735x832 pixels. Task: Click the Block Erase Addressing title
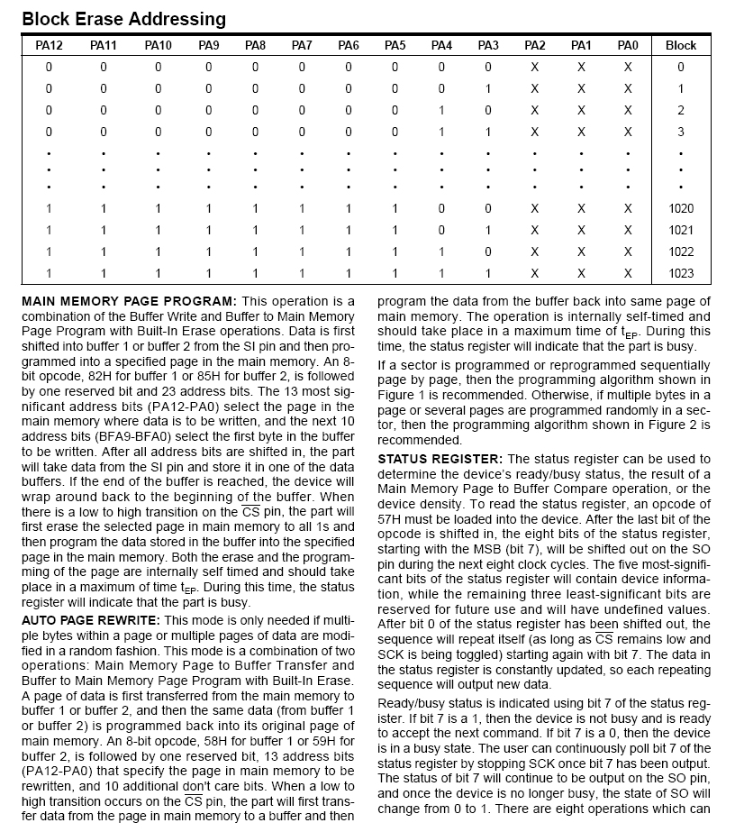(123, 18)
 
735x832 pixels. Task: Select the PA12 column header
(49, 45)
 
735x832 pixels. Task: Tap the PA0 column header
(628, 45)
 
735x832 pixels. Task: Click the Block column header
(681, 45)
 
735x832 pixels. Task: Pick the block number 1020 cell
(681, 208)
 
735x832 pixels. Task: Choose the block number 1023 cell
(681, 273)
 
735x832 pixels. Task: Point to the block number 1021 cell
(681, 230)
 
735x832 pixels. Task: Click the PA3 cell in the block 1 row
(488, 88)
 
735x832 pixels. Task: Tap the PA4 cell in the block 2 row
(441, 110)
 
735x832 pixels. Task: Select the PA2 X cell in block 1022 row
(535, 251)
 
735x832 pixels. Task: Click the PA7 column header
(302, 45)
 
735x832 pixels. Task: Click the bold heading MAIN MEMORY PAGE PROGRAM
(128, 300)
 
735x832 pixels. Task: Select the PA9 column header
(209, 45)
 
